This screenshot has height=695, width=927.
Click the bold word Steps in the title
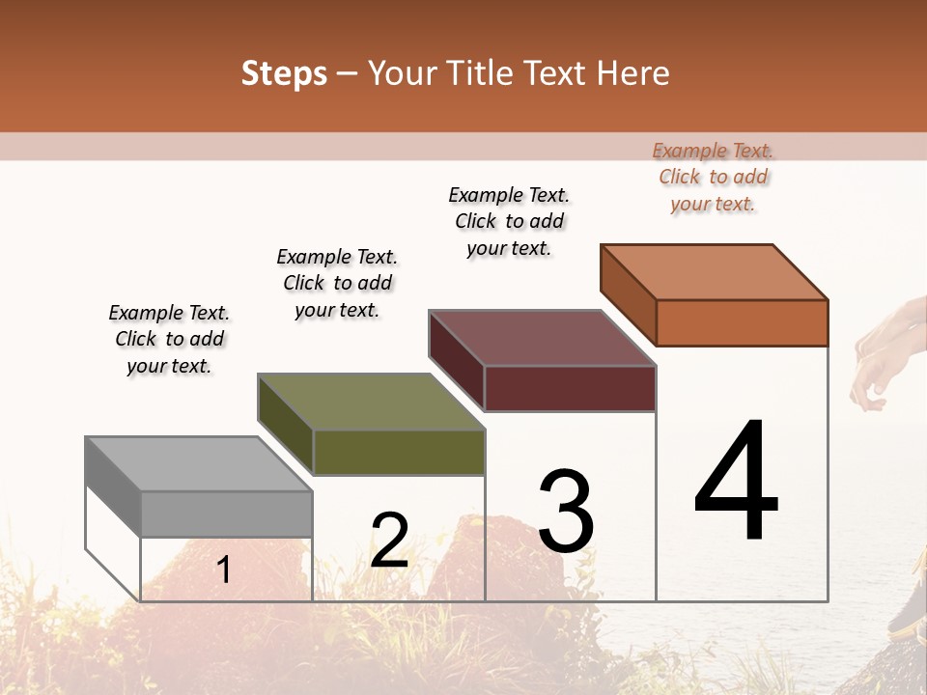tap(284, 73)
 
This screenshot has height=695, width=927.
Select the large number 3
tap(566, 512)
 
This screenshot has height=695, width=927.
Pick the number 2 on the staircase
tap(390, 541)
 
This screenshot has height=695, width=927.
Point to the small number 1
tap(224, 570)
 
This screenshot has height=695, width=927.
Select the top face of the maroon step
tap(542, 338)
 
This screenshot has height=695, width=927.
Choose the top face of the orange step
tap(714, 272)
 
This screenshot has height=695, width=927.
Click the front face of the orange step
tap(742, 322)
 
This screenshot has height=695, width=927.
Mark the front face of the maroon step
tap(570, 388)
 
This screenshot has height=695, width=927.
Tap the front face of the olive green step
tap(399, 452)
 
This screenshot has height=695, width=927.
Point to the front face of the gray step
tap(227, 514)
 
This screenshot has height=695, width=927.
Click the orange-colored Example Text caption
tap(713, 177)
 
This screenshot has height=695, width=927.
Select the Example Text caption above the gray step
tap(169, 339)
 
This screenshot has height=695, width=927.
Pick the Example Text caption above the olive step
tap(337, 283)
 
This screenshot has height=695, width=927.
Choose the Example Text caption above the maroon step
tap(509, 221)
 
